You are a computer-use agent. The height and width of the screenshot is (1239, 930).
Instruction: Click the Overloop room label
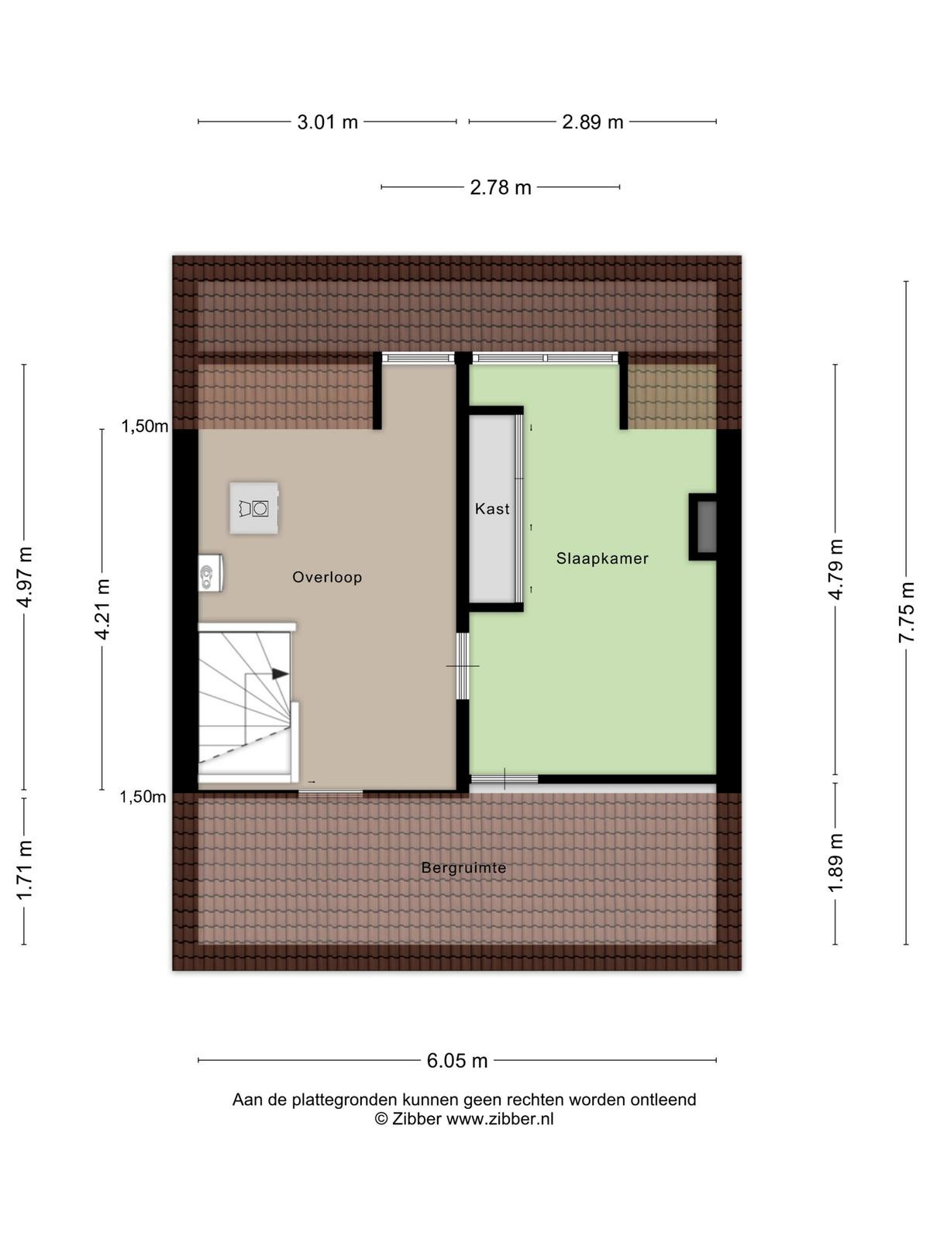(x=327, y=577)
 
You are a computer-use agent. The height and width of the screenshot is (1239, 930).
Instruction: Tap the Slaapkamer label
(x=602, y=558)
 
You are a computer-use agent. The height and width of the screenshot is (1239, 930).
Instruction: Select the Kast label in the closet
(x=492, y=509)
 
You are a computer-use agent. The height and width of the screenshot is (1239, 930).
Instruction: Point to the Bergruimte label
(x=463, y=867)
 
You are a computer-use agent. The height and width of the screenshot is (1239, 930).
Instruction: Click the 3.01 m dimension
(x=328, y=122)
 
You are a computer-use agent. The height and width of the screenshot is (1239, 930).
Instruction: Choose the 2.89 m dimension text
(x=592, y=122)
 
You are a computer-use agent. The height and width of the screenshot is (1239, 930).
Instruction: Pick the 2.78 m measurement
(x=501, y=187)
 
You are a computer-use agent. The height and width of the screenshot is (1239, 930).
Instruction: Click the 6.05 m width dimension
(x=456, y=1061)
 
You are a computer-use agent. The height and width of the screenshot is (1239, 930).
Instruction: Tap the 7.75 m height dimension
(x=905, y=612)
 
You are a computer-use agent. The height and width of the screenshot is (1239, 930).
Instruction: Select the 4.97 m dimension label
(x=24, y=577)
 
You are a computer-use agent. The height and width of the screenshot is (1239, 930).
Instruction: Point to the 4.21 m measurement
(x=102, y=609)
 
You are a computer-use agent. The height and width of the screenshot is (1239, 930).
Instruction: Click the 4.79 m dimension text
(x=835, y=569)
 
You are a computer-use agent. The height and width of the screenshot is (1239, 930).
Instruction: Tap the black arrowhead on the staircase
(x=280, y=674)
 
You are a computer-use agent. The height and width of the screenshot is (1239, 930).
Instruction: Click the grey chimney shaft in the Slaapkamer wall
(x=706, y=527)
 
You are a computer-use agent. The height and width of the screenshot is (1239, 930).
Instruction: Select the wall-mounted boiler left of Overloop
(x=210, y=572)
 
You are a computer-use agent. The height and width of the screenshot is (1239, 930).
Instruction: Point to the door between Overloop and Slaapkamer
(x=463, y=665)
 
